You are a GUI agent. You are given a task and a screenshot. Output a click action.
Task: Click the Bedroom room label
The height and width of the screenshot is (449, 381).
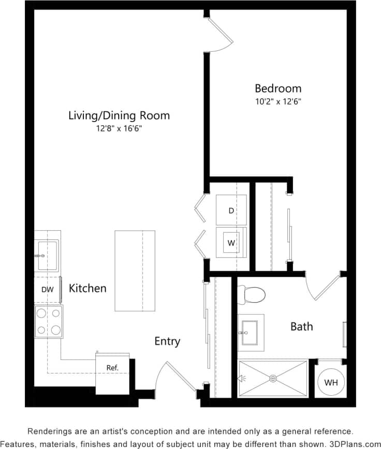(277, 88)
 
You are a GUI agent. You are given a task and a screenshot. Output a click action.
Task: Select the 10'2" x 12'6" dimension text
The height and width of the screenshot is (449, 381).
(277, 101)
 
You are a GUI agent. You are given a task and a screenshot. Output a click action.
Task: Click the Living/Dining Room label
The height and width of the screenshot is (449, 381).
(119, 115)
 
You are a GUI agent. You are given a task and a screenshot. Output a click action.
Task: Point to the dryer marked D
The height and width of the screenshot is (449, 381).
(231, 210)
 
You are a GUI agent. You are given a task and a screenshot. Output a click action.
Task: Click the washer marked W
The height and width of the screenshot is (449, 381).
(231, 242)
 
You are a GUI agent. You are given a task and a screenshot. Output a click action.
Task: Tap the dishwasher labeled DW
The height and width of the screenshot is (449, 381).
(48, 290)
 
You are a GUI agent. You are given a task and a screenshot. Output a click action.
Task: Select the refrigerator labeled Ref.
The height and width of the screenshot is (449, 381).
(112, 368)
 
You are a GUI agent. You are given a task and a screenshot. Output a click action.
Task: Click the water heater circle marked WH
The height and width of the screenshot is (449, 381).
(331, 383)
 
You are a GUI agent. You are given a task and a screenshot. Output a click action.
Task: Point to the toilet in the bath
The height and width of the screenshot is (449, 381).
(253, 294)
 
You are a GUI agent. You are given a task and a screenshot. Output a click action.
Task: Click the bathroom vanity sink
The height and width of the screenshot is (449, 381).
(251, 329)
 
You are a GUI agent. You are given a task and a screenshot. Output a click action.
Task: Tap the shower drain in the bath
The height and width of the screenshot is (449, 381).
(273, 379)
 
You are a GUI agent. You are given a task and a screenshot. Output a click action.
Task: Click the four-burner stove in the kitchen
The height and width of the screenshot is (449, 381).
(48, 321)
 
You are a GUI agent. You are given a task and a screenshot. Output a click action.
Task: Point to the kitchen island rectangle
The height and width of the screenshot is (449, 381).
(135, 271)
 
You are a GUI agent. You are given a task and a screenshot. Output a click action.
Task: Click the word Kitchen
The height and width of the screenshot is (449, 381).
(87, 288)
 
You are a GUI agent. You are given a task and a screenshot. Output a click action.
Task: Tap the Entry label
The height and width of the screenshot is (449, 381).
(167, 341)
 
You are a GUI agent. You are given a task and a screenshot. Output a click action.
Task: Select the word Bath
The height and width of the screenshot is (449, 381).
(301, 326)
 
